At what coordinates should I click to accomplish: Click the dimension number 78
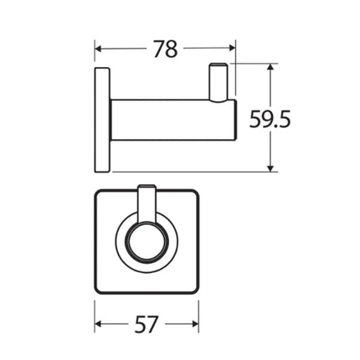point(166,49)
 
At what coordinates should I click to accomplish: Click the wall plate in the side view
point(102,119)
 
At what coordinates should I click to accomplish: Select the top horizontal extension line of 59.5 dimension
point(251,64)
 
